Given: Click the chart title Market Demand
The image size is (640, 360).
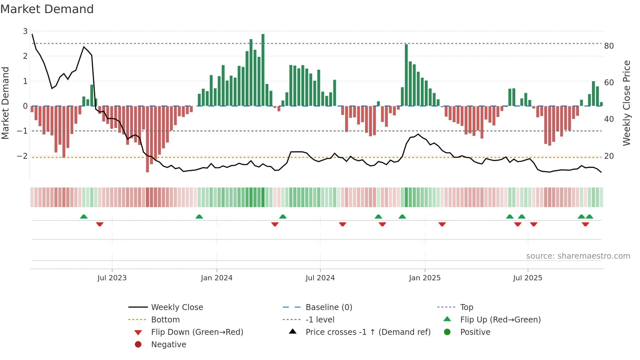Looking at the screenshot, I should coord(47,9).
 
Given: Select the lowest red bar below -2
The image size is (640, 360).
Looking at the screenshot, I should coord(147,139).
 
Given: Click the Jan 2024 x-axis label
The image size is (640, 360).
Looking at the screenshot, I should coord(216,278).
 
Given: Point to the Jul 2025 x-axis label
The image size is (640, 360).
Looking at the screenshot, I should coord(527,278).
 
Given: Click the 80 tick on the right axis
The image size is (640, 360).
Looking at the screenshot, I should coord(609,46).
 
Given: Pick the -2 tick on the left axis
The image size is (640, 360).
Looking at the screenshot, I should coord(22,156).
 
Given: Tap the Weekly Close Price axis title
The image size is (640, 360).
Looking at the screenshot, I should coord(626,103).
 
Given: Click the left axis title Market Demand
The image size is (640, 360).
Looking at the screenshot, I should coord(6,103).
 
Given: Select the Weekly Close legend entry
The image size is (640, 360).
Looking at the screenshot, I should coord(177,307).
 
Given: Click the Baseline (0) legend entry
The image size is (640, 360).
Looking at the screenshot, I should coord(328,307).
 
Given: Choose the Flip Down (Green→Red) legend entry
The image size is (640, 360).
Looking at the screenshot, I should coord(197,332).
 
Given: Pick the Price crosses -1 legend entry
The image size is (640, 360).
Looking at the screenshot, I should coord(368,332).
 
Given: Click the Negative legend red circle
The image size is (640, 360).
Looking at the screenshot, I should coord(138,344).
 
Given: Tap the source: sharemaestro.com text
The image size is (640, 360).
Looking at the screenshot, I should coord(578,256).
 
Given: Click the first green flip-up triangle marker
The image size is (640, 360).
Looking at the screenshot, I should coord(84,217).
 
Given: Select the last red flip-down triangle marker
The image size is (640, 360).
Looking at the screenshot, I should coord(585,224).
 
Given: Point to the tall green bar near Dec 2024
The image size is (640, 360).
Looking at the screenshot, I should coord(406,75).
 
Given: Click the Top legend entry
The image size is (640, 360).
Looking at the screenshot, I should coord(466,307).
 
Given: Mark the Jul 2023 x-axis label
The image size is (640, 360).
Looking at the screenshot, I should coord(112,278).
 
